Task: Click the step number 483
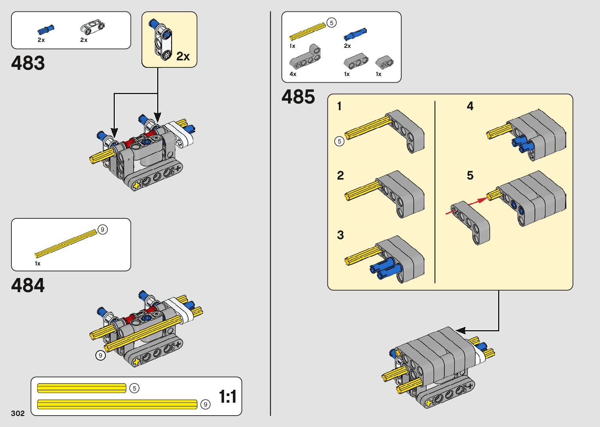click(x=28, y=63)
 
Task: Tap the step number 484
click(x=28, y=285)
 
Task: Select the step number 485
click(x=298, y=97)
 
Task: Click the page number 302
click(x=18, y=413)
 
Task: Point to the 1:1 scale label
click(x=227, y=396)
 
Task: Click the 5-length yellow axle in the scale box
click(x=82, y=388)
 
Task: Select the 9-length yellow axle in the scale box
click(x=117, y=404)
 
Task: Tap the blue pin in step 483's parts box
click(x=46, y=29)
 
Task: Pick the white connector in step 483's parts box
click(x=92, y=27)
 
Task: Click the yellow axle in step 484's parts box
click(x=66, y=243)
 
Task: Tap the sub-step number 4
click(x=470, y=106)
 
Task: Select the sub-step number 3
click(x=340, y=235)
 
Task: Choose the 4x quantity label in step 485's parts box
click(x=293, y=74)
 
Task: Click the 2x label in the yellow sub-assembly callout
click(x=183, y=56)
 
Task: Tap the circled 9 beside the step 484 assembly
click(x=100, y=355)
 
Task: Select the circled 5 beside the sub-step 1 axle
click(x=339, y=141)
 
